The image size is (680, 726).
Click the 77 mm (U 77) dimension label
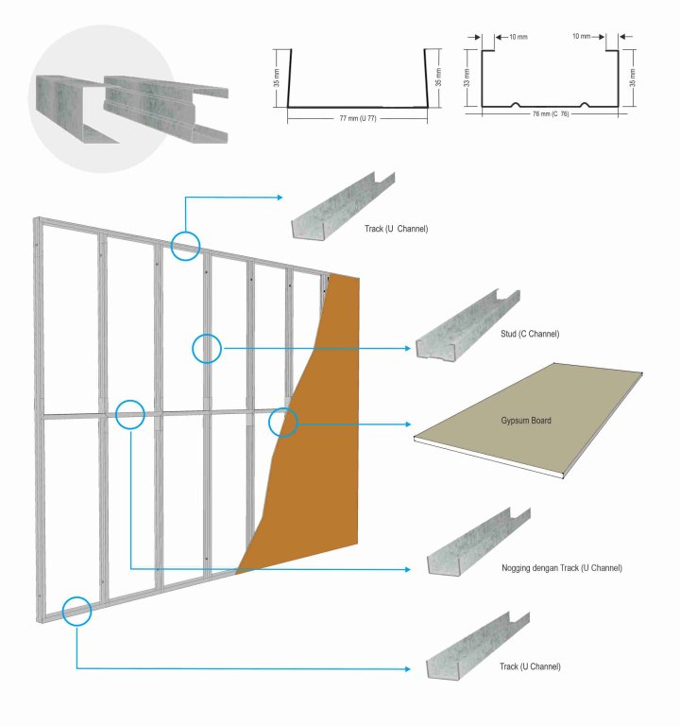click(358, 119)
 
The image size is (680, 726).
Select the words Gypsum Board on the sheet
click(527, 420)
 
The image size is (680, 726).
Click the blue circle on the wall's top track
click(186, 246)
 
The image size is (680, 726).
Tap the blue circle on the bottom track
click(76, 612)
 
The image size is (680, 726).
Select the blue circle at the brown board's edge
click(283, 423)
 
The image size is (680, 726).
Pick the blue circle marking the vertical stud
click(207, 349)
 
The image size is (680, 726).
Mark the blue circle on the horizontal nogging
click(129, 414)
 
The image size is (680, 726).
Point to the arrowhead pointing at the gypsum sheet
click(409, 423)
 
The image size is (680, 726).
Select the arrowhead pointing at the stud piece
click(409, 349)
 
